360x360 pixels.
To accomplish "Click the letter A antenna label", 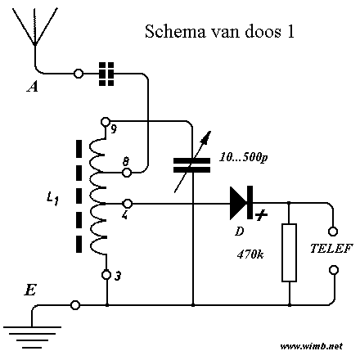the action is (33, 88).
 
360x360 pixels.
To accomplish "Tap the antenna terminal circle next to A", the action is (79, 74).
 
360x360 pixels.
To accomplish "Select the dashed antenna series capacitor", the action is (106, 74).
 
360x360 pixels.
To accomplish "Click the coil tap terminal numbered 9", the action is (106, 121).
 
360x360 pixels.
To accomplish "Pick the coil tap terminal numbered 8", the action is (127, 173).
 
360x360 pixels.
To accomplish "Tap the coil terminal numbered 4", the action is (128, 204).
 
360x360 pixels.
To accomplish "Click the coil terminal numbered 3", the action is (106, 275).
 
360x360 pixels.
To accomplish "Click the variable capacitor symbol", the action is (192, 164).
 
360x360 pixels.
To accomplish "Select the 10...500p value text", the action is (244, 158).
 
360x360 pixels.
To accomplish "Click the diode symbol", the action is (241, 203).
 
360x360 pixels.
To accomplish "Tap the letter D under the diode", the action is (240, 232).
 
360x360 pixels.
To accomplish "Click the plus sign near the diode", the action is (261, 215).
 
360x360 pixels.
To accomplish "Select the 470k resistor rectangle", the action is (289, 253).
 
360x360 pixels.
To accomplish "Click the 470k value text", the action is (250, 254).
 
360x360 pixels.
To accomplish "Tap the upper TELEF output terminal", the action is (333, 232).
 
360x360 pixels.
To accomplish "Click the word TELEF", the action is (331, 249).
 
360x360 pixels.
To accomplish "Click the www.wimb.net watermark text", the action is (311, 346).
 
